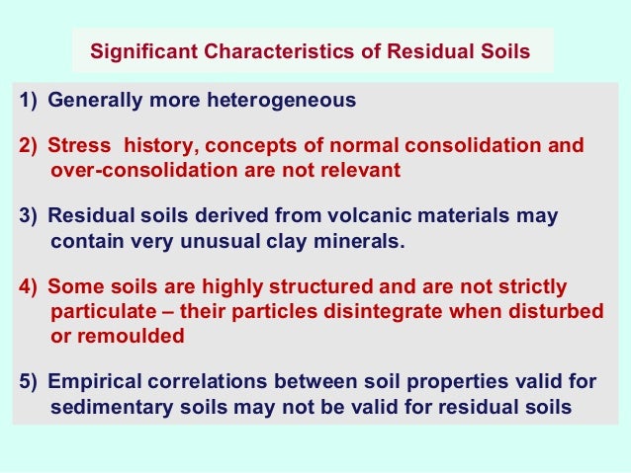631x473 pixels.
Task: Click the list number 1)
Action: (29, 101)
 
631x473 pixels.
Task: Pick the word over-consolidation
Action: (126, 170)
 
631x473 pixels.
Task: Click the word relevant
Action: (358, 170)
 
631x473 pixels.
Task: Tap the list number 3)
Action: (29, 216)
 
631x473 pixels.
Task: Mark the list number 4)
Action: (29, 287)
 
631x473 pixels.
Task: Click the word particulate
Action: (96, 312)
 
